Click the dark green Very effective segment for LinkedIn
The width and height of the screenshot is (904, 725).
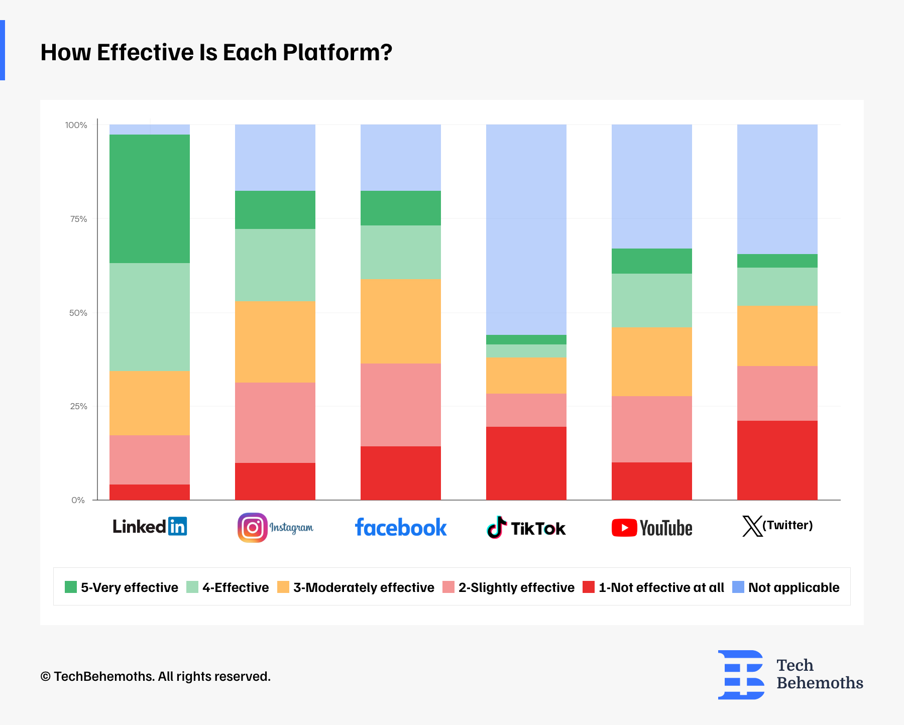point(150,199)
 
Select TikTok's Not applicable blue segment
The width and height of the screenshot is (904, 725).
point(526,229)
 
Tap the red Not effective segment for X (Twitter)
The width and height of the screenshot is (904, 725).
point(777,460)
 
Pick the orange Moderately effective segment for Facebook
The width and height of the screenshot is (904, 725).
point(401,321)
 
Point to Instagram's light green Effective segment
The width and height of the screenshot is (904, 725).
point(275,265)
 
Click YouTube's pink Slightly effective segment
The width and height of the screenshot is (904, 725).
point(652,429)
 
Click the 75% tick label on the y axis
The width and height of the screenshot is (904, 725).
point(78,219)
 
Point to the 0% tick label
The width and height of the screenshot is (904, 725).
point(78,500)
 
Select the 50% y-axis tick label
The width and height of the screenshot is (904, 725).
point(78,313)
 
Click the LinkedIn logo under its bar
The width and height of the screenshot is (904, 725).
point(150,526)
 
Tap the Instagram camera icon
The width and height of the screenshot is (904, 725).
point(252,527)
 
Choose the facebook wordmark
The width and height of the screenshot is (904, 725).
point(401,528)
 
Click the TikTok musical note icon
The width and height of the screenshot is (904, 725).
point(497,527)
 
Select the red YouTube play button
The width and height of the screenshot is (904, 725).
point(624,528)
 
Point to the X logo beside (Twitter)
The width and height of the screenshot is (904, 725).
point(752,526)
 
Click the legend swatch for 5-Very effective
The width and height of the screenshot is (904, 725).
point(71,587)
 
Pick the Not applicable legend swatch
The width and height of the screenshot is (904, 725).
point(738,587)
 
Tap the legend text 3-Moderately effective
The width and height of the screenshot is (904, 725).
point(364,587)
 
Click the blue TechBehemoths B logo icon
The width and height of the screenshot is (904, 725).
point(741,675)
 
